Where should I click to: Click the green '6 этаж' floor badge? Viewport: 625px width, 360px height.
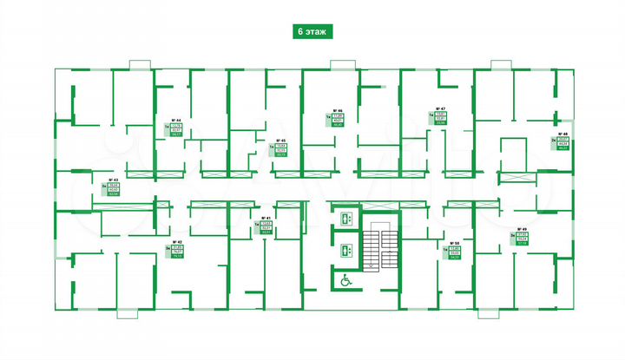[312, 31]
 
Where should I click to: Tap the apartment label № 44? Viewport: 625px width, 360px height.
[175, 121]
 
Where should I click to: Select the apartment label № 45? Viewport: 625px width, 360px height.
[280, 141]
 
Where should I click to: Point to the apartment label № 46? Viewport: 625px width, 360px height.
[337, 110]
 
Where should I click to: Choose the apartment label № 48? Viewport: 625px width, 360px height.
[563, 134]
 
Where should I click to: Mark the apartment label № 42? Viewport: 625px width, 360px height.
[176, 243]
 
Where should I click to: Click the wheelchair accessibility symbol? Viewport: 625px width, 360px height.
[345, 281]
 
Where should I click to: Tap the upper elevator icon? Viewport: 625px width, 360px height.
[345, 218]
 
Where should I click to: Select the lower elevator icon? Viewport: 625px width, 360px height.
[345, 250]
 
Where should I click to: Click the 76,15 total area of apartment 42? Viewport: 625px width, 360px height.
[178, 257]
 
